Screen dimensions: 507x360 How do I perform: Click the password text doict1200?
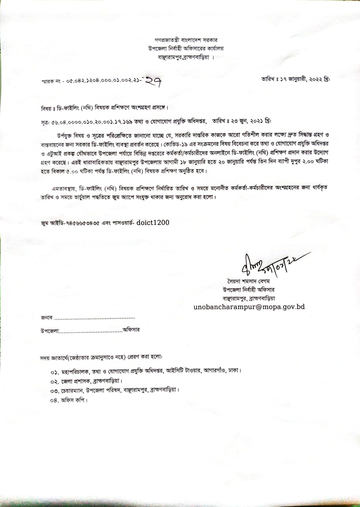click(153, 223)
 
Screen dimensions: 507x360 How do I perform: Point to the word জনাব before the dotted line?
click(46, 318)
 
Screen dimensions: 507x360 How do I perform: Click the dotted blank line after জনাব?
click(94, 318)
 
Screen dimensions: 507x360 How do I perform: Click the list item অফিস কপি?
click(73, 400)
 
